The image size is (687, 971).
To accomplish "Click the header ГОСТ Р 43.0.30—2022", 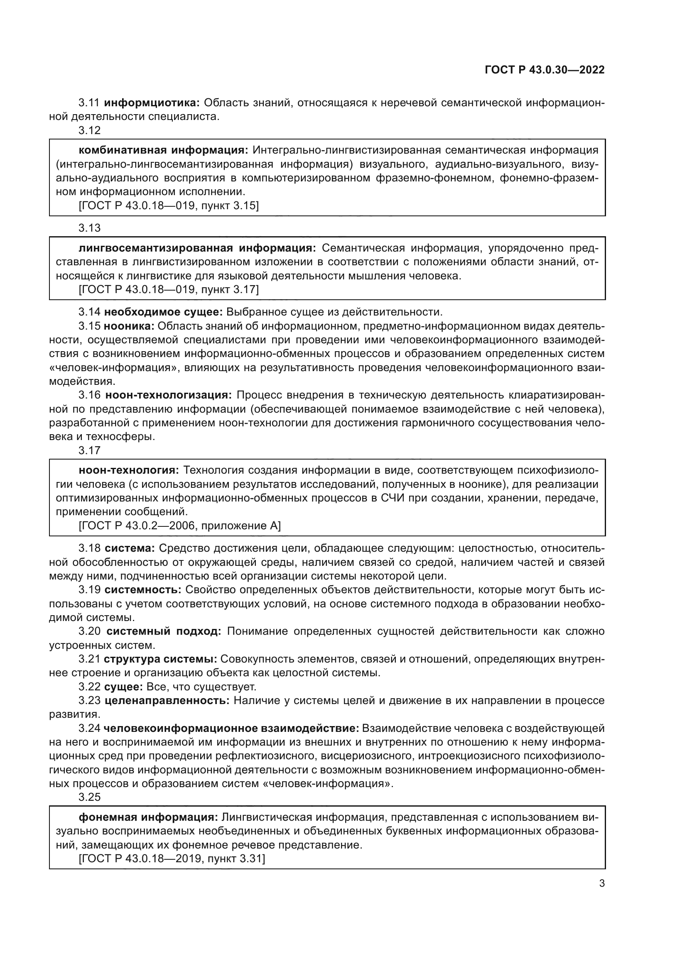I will click(545, 70).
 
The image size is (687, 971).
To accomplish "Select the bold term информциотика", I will click(152, 103).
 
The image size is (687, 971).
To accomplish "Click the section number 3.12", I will click(89, 131).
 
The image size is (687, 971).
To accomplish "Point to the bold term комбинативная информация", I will click(163, 150).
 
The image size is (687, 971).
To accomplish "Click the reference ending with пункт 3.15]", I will click(169, 206).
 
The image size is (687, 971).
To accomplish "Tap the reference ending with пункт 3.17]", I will click(169, 290).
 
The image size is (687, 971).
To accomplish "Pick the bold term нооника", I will click(130, 326).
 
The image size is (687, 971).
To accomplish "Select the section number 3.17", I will click(89, 450).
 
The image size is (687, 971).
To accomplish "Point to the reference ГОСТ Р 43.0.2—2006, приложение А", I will click(180, 526).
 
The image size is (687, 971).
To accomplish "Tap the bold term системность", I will click(143, 590).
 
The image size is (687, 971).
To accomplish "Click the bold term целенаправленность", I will click(167, 701).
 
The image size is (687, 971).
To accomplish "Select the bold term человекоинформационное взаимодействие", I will click(231, 729).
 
